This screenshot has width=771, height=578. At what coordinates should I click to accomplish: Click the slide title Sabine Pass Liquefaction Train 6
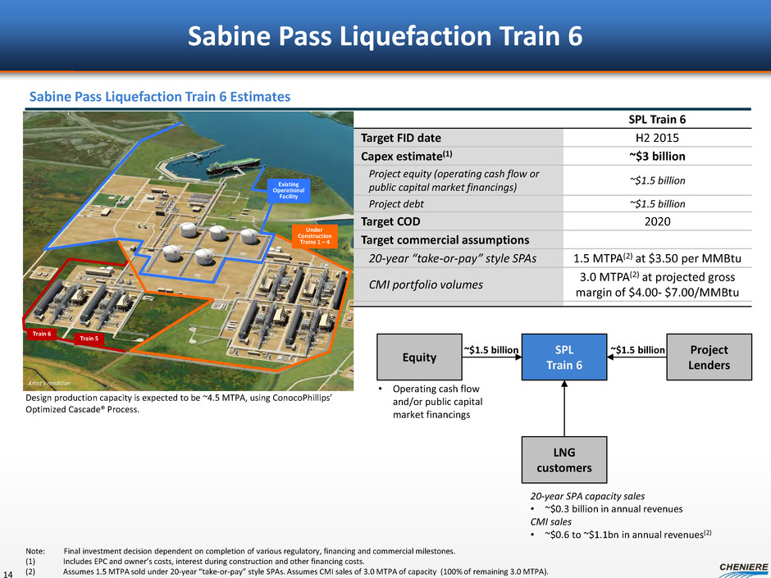coord(385,35)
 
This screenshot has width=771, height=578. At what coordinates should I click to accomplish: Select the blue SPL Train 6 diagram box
coord(564,357)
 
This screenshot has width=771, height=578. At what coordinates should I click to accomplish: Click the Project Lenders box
coord(709,357)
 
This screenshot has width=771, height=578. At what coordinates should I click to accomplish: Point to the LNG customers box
coord(564,460)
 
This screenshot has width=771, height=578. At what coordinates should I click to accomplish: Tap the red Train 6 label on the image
coord(40,335)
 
